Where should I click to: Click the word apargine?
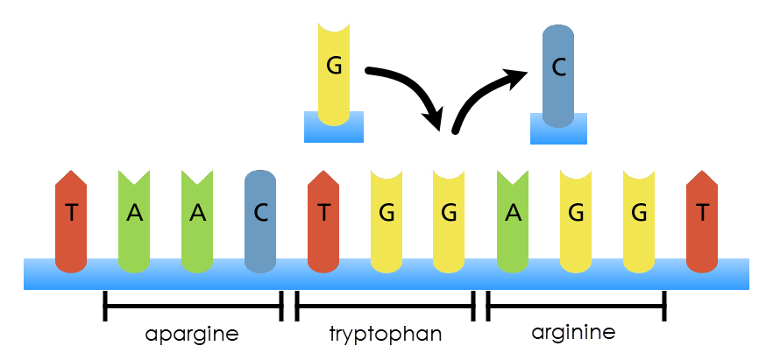pyautogui.click(x=192, y=334)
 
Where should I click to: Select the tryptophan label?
pyautogui.click(x=386, y=334)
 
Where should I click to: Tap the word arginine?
pyautogui.click(x=573, y=333)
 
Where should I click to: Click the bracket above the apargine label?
pyautogui.click(x=193, y=306)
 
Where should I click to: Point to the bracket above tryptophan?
pyautogui.click(x=385, y=306)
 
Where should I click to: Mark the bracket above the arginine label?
pyautogui.click(x=576, y=306)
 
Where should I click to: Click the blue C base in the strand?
pyautogui.click(x=260, y=215)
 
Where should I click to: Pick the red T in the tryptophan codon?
pyautogui.click(x=324, y=215)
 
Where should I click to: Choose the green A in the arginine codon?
pyautogui.click(x=513, y=215)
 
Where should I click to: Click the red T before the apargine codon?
pyautogui.click(x=71, y=215)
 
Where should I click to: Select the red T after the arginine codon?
pyautogui.click(x=703, y=215)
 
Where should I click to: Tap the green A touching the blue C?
pyautogui.click(x=197, y=215)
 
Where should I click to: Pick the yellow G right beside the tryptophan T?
pyautogui.click(x=387, y=215)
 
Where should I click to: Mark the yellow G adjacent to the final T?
pyautogui.click(x=639, y=215)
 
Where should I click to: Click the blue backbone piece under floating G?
pyautogui.click(x=333, y=127)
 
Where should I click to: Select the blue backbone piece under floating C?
pyautogui.click(x=558, y=129)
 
